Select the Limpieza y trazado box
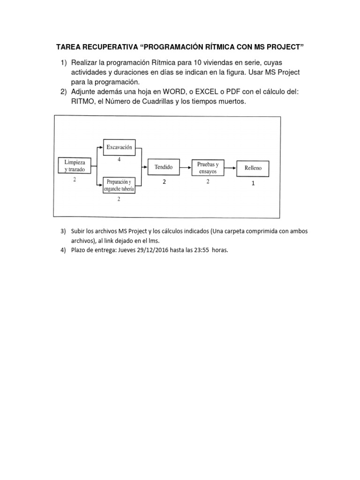click(x=75, y=165)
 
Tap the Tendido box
click(x=164, y=166)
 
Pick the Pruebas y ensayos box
click(x=208, y=167)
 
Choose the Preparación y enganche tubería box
click(x=119, y=185)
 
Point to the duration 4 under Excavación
click(x=119, y=160)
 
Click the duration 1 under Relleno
click(x=253, y=184)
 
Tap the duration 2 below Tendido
click(x=165, y=182)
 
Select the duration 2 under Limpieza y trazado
click(x=75, y=180)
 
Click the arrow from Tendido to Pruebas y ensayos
click(x=186, y=167)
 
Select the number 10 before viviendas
click(x=199, y=63)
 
